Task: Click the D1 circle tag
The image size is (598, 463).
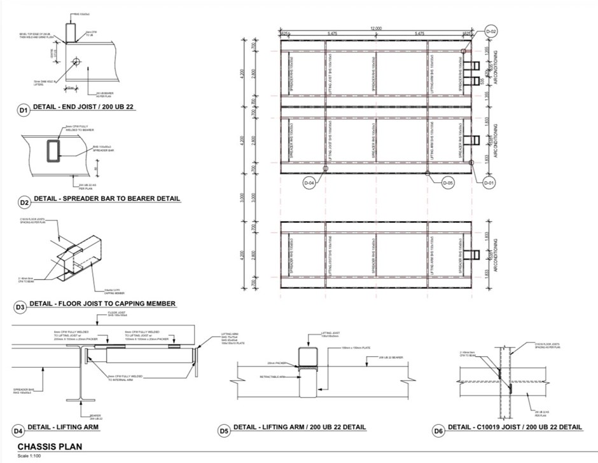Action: point(24,111)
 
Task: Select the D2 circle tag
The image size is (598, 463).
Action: point(24,203)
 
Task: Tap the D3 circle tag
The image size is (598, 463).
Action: point(21,307)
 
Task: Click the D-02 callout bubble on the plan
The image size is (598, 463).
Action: point(490,31)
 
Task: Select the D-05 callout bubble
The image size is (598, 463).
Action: point(448,182)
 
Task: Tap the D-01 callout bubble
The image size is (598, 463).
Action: point(489,183)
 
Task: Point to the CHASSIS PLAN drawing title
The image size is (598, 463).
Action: point(49,446)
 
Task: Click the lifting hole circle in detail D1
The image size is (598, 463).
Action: point(76,62)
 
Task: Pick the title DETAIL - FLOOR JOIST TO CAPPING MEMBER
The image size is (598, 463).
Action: point(102,304)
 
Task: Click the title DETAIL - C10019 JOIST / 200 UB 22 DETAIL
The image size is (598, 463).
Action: point(515,427)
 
